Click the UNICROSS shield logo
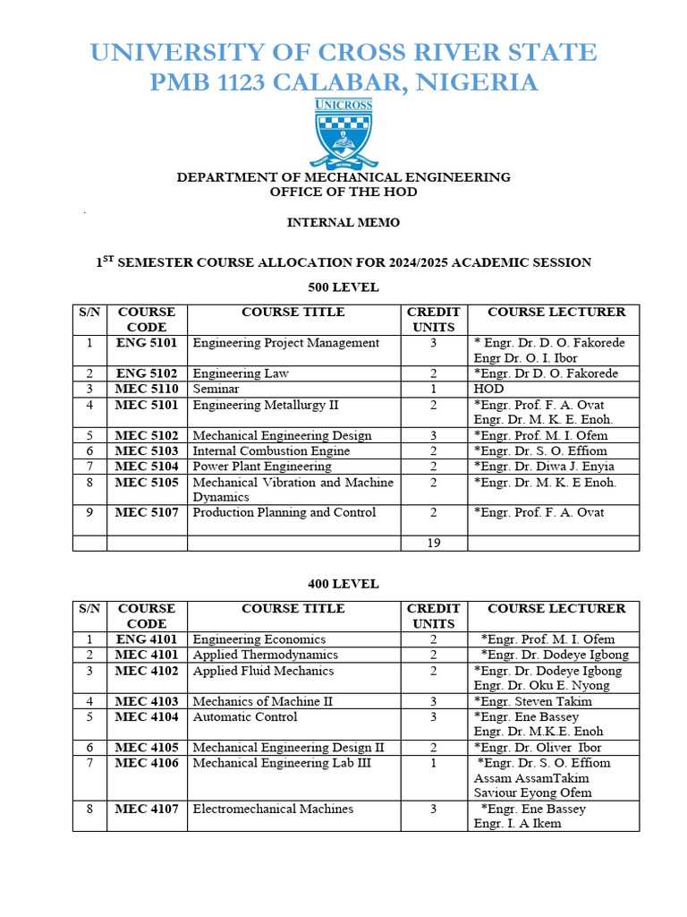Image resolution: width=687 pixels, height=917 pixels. (x=343, y=133)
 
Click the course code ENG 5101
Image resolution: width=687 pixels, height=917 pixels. (x=147, y=343)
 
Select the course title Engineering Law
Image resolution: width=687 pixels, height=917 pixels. (x=241, y=373)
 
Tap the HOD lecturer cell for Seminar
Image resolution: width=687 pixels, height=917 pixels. (x=488, y=390)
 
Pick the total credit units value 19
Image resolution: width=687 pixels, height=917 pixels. (x=433, y=543)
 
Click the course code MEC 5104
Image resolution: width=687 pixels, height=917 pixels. (x=147, y=467)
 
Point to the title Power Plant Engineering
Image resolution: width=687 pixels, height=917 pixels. (x=262, y=467)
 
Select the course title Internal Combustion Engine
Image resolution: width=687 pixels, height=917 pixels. (x=271, y=451)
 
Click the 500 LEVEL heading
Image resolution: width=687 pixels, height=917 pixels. (x=343, y=287)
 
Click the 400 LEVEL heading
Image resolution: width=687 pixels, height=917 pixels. (x=343, y=584)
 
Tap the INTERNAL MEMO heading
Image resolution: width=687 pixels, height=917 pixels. (x=343, y=222)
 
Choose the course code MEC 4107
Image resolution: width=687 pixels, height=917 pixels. (x=147, y=810)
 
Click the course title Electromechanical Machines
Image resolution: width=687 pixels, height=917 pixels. (x=273, y=810)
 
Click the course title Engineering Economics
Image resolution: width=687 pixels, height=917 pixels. (x=259, y=639)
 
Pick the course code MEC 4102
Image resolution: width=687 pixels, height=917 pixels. (x=147, y=671)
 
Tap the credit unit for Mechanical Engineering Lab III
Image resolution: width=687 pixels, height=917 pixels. (x=433, y=763)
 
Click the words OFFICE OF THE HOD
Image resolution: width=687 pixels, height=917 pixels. (x=343, y=192)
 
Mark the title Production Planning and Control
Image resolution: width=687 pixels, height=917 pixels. (x=284, y=513)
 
